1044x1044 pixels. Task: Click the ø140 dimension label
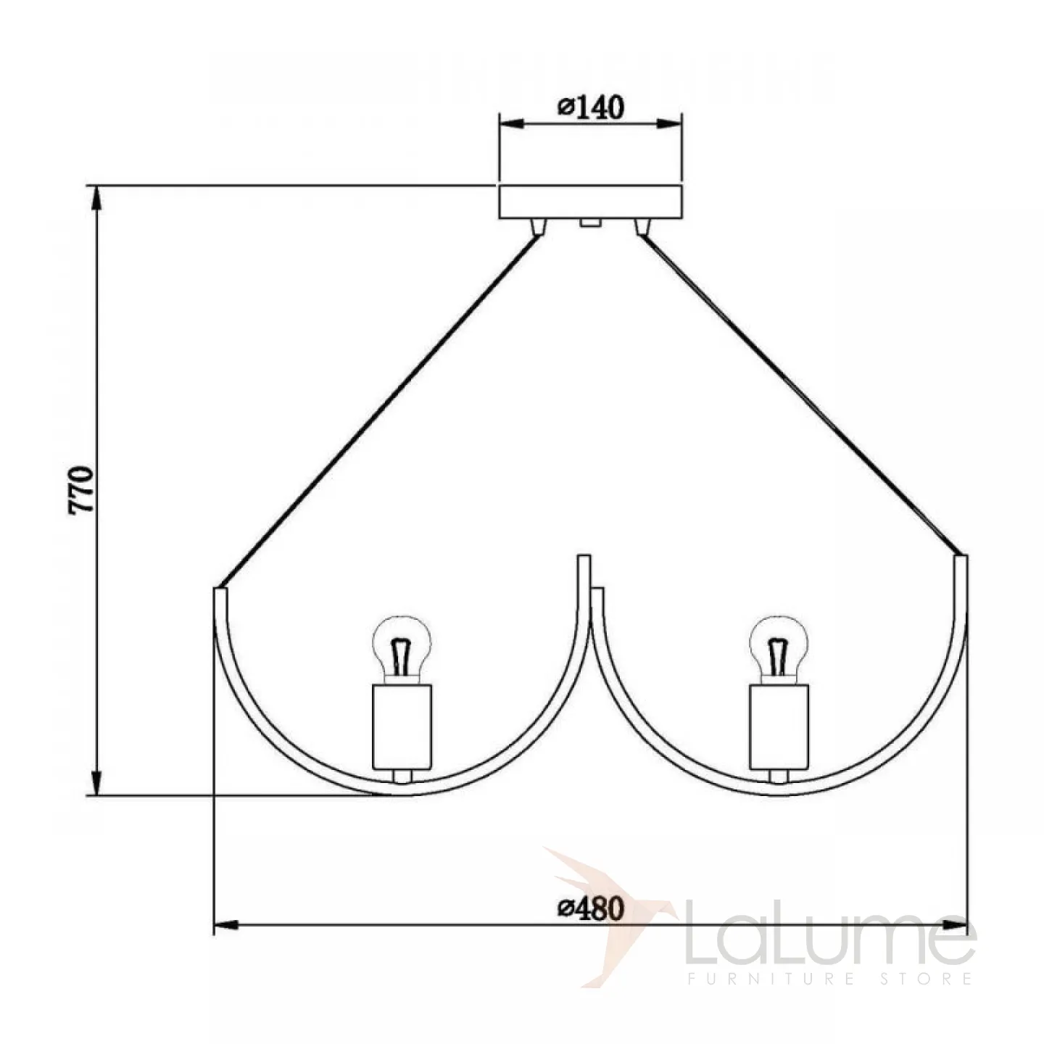coord(591,107)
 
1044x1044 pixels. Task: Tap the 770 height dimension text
coord(81,490)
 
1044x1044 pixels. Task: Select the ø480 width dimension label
coord(591,908)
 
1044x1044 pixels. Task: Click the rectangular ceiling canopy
coord(590,202)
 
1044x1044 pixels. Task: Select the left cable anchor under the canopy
coord(539,227)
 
